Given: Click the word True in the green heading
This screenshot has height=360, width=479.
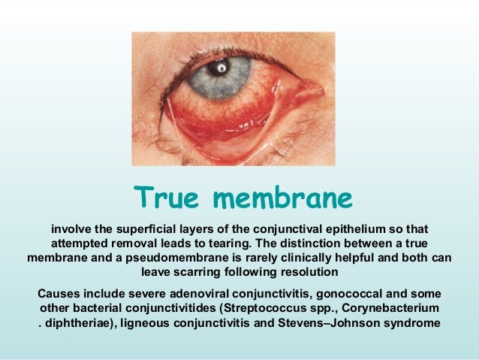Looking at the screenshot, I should (x=167, y=198).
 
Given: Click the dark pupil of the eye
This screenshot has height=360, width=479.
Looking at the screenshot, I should (x=220, y=68).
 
